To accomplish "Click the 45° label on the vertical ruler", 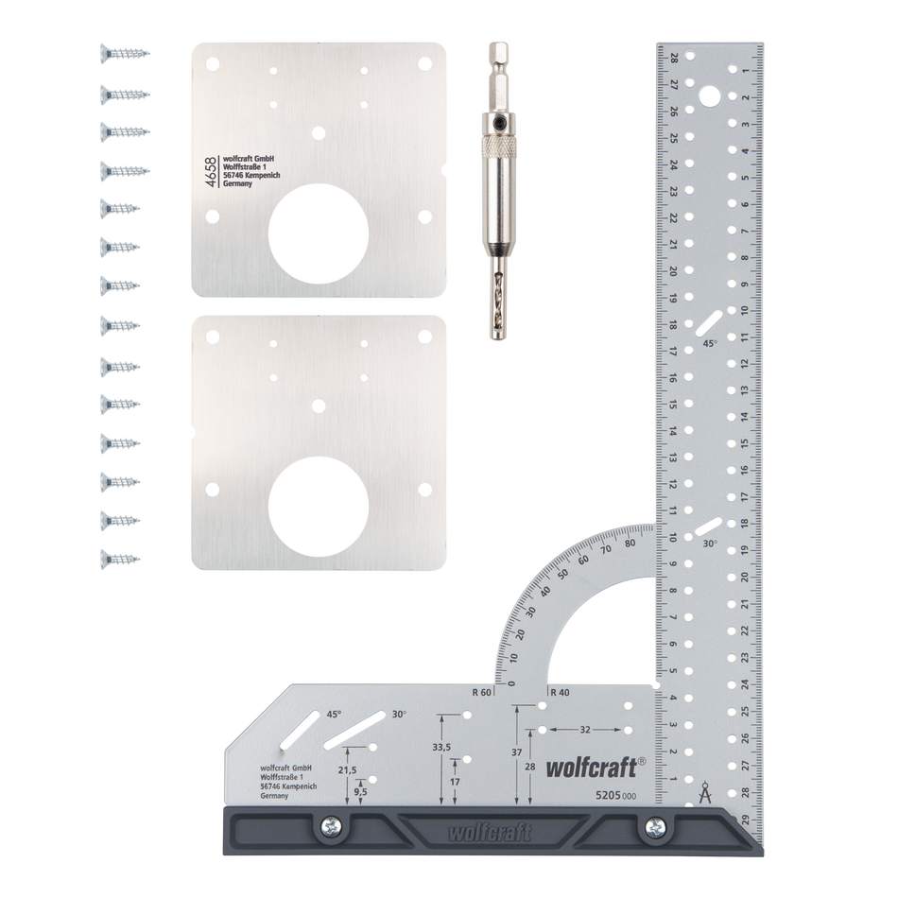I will tap(710, 345).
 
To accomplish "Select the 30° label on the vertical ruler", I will tap(710, 544).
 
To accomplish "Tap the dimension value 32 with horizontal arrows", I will tap(585, 729).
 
